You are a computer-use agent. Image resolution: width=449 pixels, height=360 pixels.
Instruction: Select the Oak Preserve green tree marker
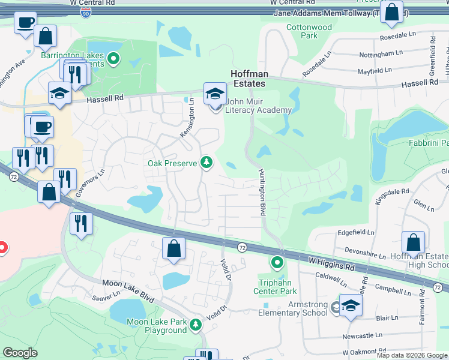coord(206,162)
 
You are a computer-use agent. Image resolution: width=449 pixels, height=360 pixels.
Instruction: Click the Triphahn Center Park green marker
coord(277,262)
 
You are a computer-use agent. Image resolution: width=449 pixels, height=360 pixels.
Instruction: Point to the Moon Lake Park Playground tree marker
coord(195,325)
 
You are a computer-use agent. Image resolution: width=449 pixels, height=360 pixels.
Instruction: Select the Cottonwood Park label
coord(309,31)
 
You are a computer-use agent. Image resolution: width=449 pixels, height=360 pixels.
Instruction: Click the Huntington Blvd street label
coord(262,193)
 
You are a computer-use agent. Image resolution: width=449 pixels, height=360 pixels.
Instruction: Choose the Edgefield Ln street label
coord(356,232)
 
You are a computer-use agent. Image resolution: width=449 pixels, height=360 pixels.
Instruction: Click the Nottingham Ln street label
coord(381,54)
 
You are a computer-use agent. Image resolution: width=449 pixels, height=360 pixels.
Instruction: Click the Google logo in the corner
coord(20,352)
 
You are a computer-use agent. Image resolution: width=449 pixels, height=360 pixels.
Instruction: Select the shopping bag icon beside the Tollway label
coord(391,13)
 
